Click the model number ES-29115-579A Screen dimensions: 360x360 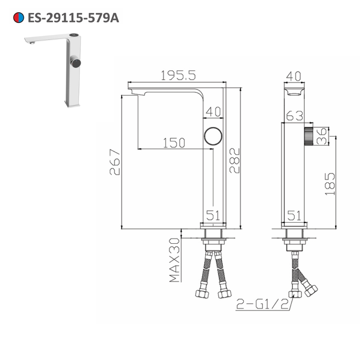[x=73, y=18]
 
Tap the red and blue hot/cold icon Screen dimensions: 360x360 [x=18, y=18]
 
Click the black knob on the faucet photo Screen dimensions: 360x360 [x=76, y=63]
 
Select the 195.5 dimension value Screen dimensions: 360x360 [x=178, y=75]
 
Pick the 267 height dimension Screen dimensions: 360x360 [x=114, y=162]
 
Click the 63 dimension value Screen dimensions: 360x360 [x=295, y=116]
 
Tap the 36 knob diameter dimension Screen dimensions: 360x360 [x=323, y=136]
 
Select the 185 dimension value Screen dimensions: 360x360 [x=330, y=184]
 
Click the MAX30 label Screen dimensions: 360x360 [x=175, y=260]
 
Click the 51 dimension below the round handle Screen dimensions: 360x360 [x=213, y=215]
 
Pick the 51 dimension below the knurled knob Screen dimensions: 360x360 [x=294, y=215]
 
